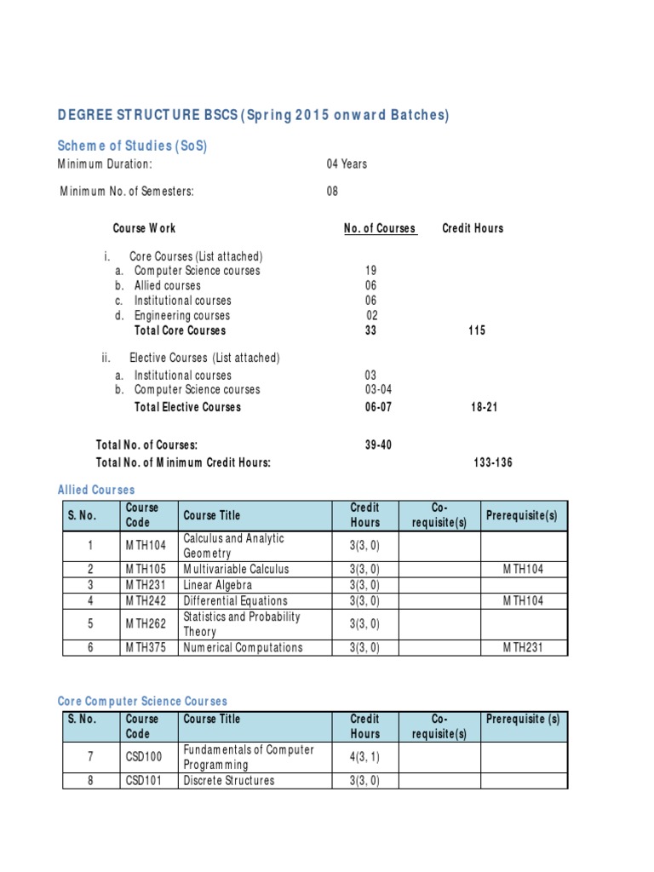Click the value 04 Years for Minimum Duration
347,163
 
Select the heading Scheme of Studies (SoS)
132,146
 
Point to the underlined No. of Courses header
380,228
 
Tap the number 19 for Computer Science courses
370,271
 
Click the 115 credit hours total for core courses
477,330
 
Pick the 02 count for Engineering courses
371,316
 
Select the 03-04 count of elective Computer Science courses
378,389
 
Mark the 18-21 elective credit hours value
484,407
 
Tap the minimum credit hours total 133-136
493,462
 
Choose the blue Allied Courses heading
96,490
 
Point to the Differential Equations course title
235,600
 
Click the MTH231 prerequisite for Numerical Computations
523,647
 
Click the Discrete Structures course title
228,780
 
